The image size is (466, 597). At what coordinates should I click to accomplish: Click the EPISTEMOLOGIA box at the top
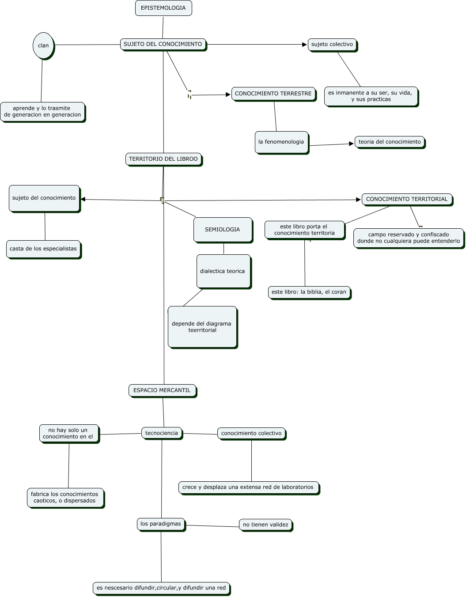163,8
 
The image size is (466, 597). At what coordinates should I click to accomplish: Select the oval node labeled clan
43,45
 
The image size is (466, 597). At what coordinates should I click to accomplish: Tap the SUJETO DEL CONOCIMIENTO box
163,44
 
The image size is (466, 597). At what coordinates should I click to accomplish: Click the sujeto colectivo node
332,45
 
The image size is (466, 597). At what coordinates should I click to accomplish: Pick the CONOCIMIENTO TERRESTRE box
273,94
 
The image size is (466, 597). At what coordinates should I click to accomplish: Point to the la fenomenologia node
281,142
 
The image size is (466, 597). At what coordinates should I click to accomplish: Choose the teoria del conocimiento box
390,142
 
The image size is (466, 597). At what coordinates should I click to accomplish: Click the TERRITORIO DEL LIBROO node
163,159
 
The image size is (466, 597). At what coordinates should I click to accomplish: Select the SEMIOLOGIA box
223,230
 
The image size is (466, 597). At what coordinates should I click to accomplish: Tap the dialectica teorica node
223,271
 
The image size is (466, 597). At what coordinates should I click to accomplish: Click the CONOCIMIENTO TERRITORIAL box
407,199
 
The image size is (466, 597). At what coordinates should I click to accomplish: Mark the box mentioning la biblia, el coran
309,292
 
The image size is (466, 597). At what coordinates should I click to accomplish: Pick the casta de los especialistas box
43,249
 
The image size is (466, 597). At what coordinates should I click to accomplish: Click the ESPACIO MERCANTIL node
162,390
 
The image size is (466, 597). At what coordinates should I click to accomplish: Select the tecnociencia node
162,433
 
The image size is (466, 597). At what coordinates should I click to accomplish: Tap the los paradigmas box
161,524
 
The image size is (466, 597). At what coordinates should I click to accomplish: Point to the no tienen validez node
265,525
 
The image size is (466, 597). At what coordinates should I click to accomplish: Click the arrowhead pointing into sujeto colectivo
304,45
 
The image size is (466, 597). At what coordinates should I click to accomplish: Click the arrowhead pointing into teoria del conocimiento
352,144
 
